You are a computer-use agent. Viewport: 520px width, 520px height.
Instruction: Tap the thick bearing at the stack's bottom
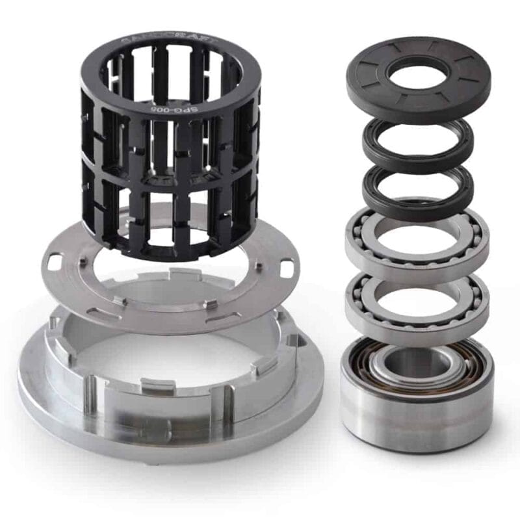417,390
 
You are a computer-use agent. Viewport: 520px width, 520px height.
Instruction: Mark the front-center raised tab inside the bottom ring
156,388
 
